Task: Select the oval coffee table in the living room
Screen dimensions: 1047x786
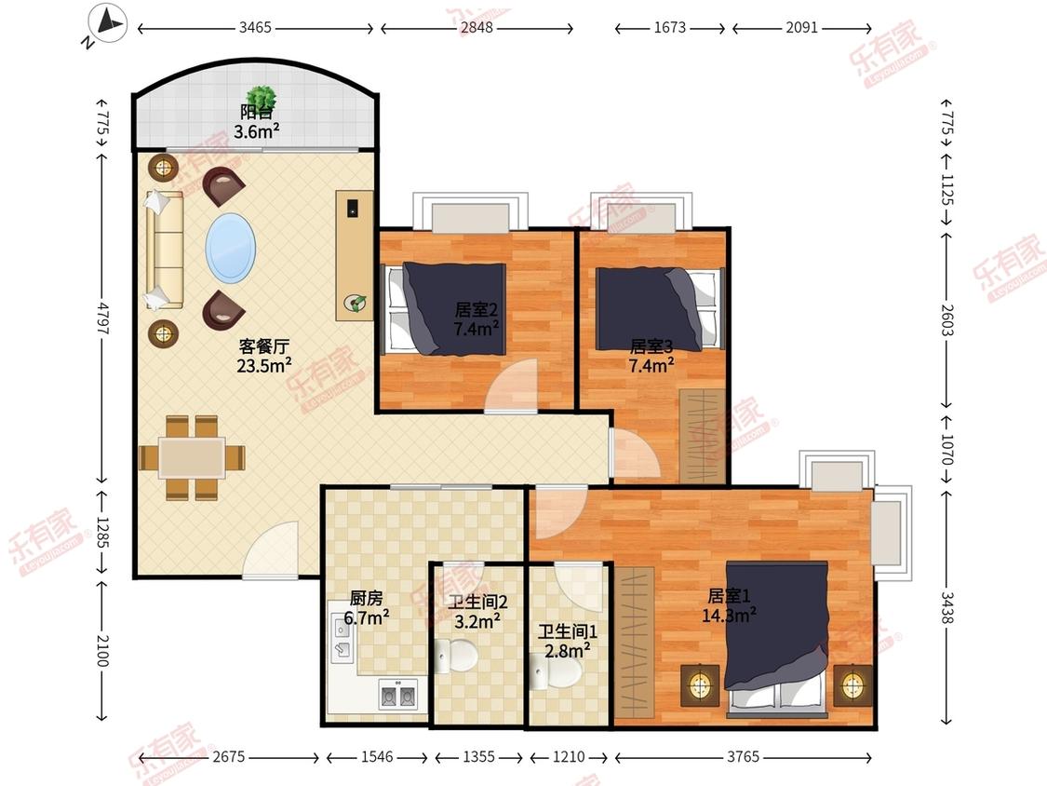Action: tap(231, 248)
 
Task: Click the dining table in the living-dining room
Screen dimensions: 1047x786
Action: tap(192, 458)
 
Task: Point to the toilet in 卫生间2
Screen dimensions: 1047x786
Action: tap(456, 656)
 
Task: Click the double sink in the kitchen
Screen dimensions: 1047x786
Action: tap(398, 695)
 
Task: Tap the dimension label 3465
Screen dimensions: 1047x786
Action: tap(255, 27)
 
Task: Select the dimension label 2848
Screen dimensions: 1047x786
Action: tap(477, 27)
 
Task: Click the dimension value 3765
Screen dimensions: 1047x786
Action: tap(744, 756)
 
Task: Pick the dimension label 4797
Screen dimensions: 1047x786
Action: tap(102, 318)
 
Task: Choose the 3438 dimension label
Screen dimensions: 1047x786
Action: tap(947, 607)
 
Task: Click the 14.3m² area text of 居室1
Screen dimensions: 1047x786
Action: tap(729, 615)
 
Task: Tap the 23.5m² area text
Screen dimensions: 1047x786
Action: tap(263, 366)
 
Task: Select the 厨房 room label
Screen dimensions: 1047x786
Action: tap(366, 598)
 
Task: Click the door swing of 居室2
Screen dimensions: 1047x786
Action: tap(512, 386)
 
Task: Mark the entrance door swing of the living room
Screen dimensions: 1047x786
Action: tap(271, 549)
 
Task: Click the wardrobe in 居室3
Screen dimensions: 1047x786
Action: tap(703, 436)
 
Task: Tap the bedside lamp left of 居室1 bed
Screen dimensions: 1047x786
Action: tap(699, 684)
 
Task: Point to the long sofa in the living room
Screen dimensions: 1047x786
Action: tap(164, 251)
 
